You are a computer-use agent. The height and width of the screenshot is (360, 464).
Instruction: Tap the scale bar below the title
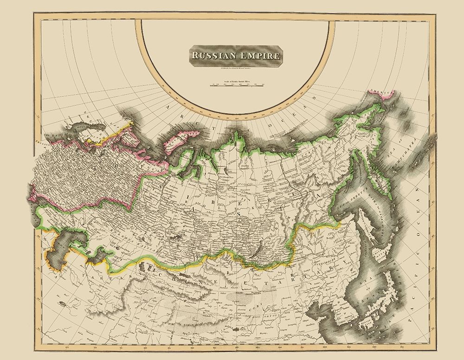tap(237, 85)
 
